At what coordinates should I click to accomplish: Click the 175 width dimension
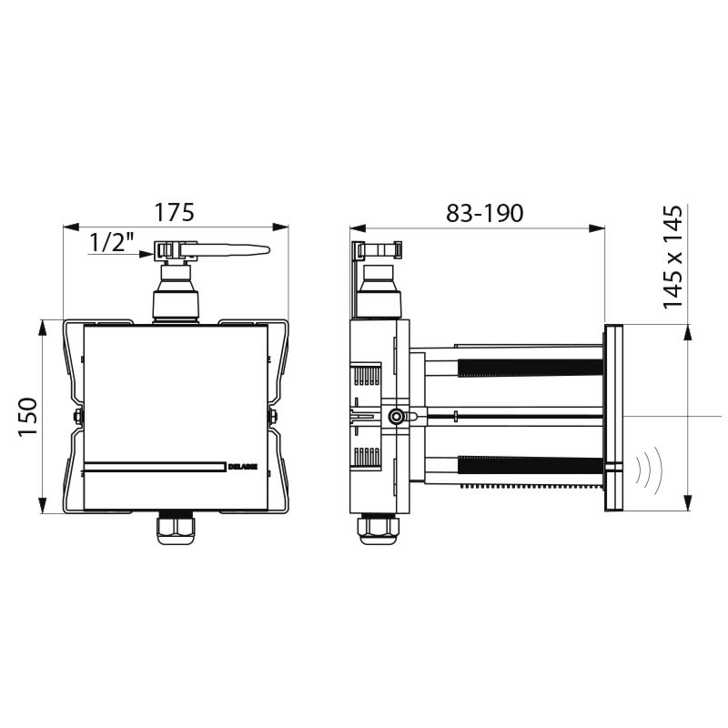point(174,212)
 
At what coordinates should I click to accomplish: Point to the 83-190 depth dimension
point(485,213)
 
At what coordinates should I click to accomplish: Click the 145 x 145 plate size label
point(673,258)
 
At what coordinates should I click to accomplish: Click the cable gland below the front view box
point(176,529)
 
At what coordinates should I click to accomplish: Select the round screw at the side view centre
point(396,417)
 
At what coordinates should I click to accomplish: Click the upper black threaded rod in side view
point(531,368)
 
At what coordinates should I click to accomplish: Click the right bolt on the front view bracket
point(272,417)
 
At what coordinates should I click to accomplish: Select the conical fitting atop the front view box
point(176,291)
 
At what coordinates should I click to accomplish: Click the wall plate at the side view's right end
point(612,417)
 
